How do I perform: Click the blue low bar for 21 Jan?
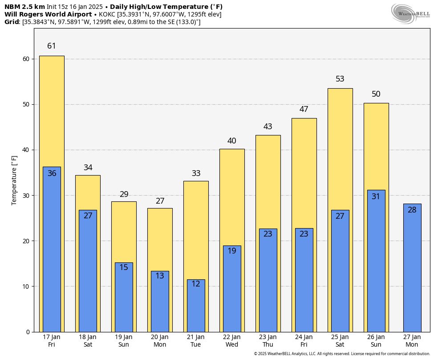[x=196, y=307]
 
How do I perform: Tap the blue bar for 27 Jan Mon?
[x=412, y=272]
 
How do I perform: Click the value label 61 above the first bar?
[x=52, y=46]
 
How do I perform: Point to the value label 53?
[x=340, y=79]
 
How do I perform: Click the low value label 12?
[x=196, y=284]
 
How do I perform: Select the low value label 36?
[x=52, y=173]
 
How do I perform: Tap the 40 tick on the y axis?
[x=26, y=150]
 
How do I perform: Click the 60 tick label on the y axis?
[x=26, y=59]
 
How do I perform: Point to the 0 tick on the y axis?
[x=28, y=332]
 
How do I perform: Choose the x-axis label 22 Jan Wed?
[x=232, y=341]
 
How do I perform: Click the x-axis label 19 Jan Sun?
[x=124, y=341]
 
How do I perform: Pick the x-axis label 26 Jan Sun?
[x=376, y=341]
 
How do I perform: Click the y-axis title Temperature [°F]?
[x=14, y=180]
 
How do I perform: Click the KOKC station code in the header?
[x=107, y=14]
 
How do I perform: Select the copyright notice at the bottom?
[x=342, y=354]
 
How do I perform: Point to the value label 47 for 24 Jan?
[x=304, y=109]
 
